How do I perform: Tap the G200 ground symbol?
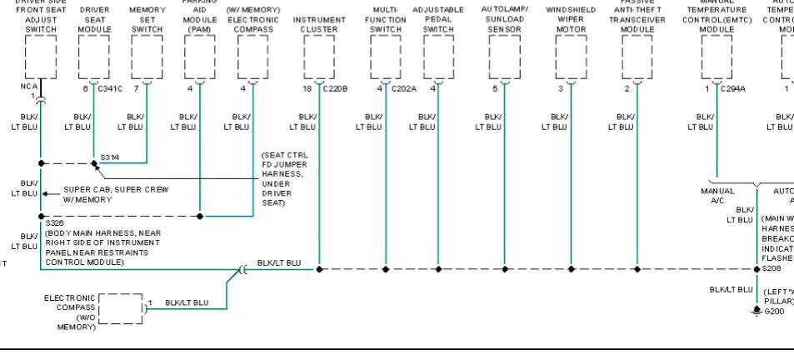click(757, 309)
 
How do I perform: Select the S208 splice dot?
click(757, 269)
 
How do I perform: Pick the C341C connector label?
click(110, 87)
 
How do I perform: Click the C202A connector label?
click(404, 87)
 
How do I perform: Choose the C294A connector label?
click(733, 87)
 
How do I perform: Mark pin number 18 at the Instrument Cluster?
click(307, 87)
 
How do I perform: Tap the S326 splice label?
click(54, 223)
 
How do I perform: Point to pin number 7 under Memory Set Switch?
click(136, 87)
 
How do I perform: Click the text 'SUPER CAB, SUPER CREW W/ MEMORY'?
click(115, 194)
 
